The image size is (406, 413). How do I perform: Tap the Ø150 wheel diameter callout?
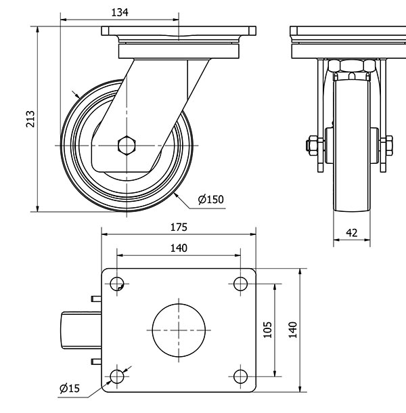pos(210,199)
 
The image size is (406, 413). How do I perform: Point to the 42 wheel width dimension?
pos(352,232)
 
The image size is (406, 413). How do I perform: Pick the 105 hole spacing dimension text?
pos(267,330)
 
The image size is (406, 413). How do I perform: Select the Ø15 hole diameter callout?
pos(70,388)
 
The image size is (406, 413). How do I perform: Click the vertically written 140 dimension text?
pos(292,330)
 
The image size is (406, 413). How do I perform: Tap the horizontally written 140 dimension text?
pos(178,248)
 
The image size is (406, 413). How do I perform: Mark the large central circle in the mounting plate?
pos(179,330)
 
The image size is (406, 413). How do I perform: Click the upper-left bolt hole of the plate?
pos(117,284)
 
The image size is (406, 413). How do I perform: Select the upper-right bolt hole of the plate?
pos(240,284)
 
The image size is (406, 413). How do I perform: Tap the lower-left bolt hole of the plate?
pos(117,376)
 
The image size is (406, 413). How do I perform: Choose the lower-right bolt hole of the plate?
pos(240,376)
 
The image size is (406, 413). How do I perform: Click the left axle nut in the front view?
pos(312,144)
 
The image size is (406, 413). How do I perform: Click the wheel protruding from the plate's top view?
pos(80,330)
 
